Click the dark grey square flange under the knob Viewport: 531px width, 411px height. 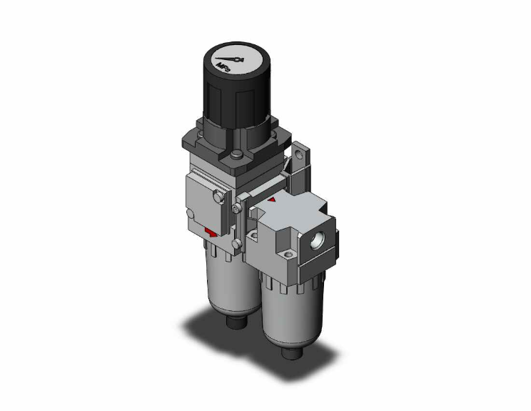click(214, 147)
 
